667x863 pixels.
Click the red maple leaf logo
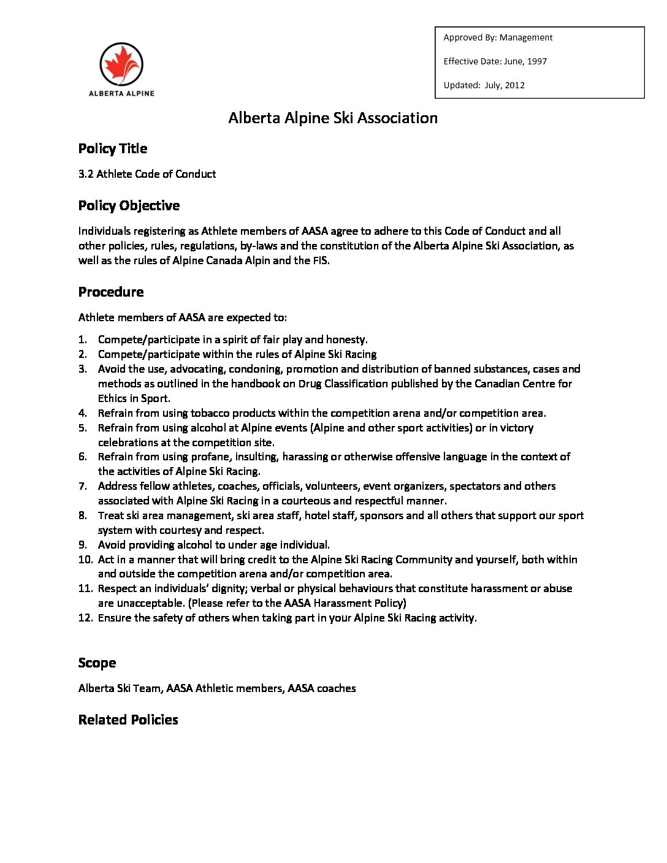tap(121, 64)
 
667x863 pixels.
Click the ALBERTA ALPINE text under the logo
tap(121, 94)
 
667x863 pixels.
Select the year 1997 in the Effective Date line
tap(536, 61)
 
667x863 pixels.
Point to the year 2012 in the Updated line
tap(514, 85)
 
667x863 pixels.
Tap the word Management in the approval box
tap(526, 37)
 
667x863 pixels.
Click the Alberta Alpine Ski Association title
tap(333, 118)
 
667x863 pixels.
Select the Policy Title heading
tap(113, 148)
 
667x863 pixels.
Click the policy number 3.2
tap(86, 174)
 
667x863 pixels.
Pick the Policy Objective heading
tap(129, 205)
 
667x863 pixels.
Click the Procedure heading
tap(111, 292)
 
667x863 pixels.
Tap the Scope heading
tap(97, 663)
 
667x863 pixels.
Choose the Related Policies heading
tap(128, 720)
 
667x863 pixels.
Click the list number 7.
tap(83, 486)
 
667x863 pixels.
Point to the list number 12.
tap(85, 618)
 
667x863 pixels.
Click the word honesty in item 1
tap(346, 340)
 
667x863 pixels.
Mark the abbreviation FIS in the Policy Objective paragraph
tap(321, 260)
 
